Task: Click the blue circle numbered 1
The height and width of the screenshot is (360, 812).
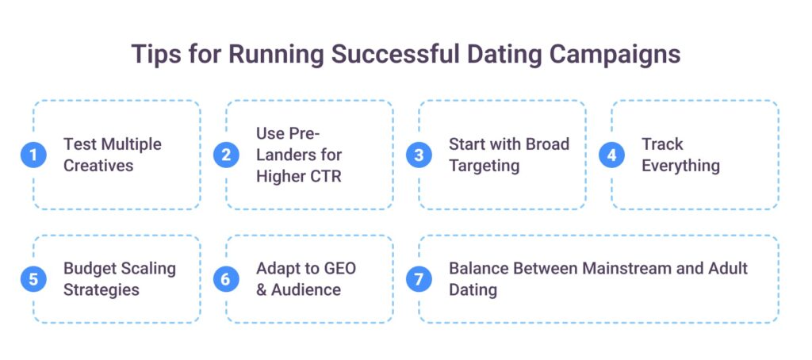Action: coord(33,155)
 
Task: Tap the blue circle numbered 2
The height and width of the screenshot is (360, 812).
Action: coord(226,155)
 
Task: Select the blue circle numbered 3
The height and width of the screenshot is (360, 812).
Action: coord(419,155)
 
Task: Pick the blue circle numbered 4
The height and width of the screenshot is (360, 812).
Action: coord(611,155)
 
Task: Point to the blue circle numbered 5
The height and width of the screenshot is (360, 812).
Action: coord(33,279)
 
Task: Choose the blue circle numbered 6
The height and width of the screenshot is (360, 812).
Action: coord(226,279)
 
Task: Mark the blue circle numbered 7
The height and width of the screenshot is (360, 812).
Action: coord(419,279)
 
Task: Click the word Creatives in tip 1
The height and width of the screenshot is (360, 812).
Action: coord(98,166)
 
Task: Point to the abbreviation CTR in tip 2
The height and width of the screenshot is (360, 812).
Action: coord(324,176)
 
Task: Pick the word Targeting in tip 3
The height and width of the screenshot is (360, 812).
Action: coord(485,167)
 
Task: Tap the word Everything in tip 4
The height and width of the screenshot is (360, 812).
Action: coord(681,167)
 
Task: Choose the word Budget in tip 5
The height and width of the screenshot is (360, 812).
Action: coord(90,269)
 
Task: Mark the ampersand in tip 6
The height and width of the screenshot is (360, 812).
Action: coord(262,289)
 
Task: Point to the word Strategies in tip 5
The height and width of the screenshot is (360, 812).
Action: coord(101,290)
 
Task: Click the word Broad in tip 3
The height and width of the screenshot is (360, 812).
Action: coord(546,144)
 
